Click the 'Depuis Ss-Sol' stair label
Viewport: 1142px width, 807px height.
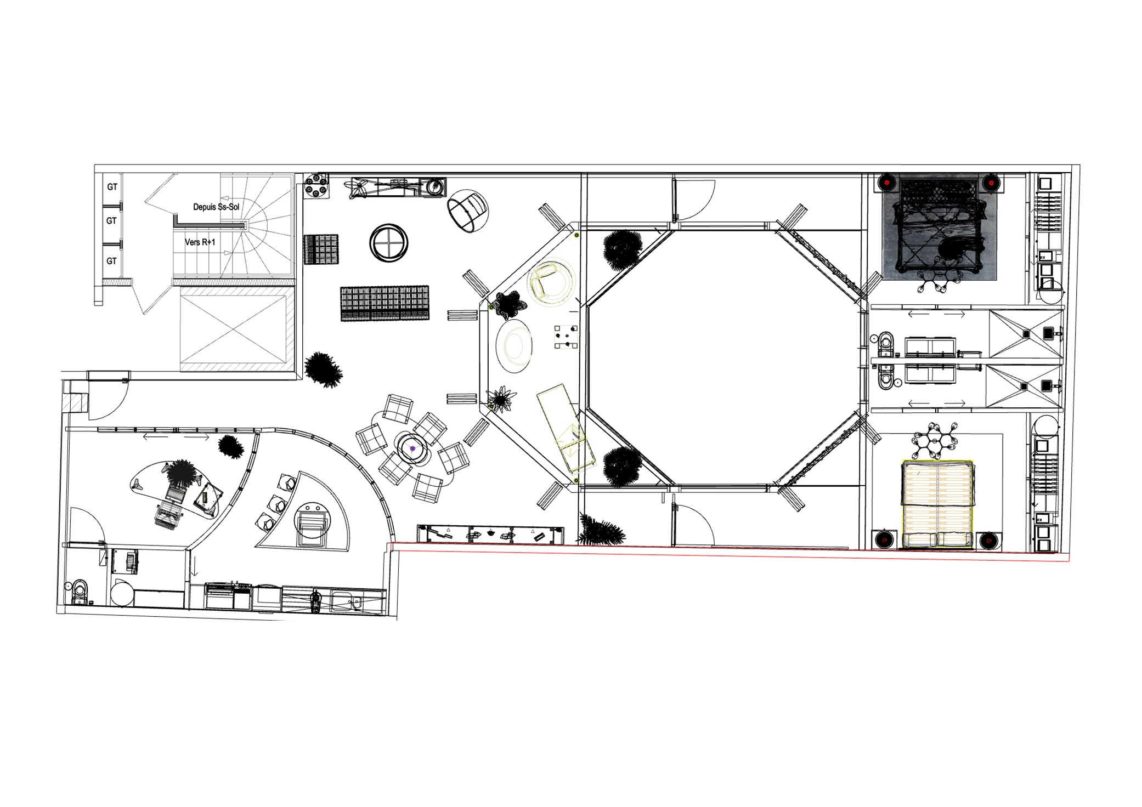[x=216, y=207]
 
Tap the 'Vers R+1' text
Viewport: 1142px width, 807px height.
[x=200, y=242]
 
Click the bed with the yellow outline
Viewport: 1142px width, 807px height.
[x=937, y=504]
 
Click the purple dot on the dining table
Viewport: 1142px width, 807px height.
[x=412, y=448]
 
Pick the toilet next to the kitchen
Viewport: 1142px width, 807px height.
[x=80, y=592]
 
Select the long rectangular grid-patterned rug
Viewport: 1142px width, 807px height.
[x=385, y=303]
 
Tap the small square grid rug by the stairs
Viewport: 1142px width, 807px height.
[x=321, y=249]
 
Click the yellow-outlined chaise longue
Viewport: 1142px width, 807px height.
[x=567, y=428]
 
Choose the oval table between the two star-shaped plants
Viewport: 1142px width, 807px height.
[x=514, y=347]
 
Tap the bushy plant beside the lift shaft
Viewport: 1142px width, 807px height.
[x=324, y=369]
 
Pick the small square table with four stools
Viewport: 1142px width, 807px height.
[x=566, y=336]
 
